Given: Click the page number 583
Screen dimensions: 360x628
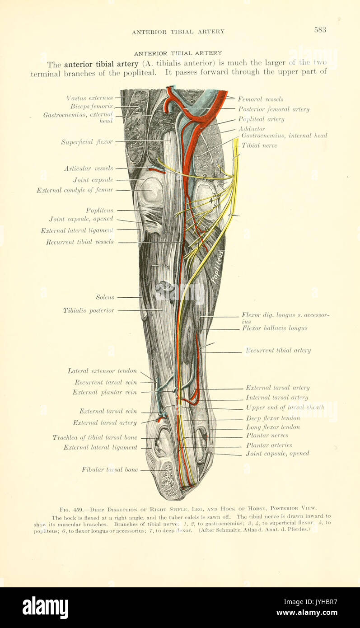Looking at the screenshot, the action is (320, 30).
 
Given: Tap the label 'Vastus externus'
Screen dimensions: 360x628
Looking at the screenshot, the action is (89, 98).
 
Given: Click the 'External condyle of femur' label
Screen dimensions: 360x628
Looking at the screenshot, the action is (75, 190).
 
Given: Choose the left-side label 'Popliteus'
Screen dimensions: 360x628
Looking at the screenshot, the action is (99, 211).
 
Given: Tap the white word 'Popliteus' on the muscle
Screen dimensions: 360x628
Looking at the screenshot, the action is (218, 267).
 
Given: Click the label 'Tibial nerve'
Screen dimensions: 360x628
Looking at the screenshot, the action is (259, 145).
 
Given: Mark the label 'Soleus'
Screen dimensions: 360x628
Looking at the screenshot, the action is (105, 297).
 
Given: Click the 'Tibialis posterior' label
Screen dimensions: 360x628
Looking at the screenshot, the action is (89, 310).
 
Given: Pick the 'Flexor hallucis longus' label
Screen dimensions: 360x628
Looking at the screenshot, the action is (275, 328).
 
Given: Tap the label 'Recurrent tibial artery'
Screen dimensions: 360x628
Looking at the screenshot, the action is (278, 350).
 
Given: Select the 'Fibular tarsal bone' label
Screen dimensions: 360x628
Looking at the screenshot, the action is (110, 470).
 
